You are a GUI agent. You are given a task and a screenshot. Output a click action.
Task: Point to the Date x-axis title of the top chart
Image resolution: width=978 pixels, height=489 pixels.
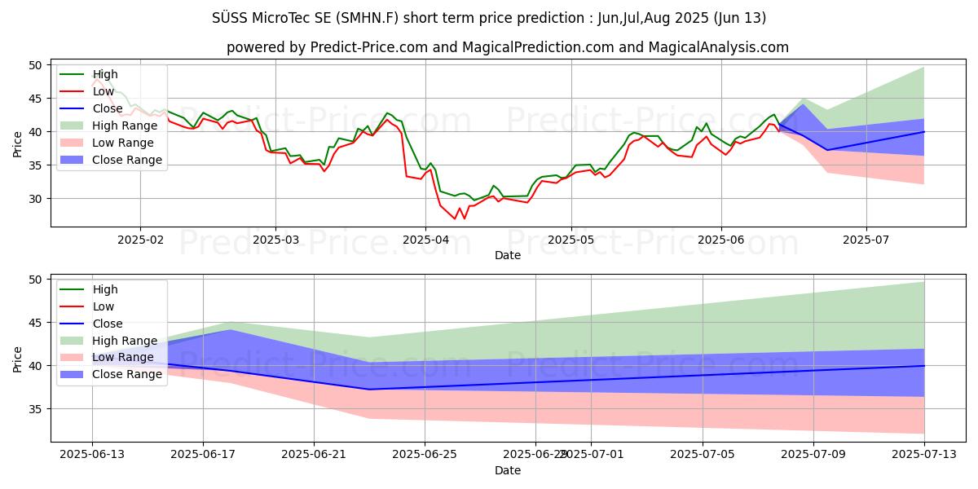(x=507, y=255)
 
